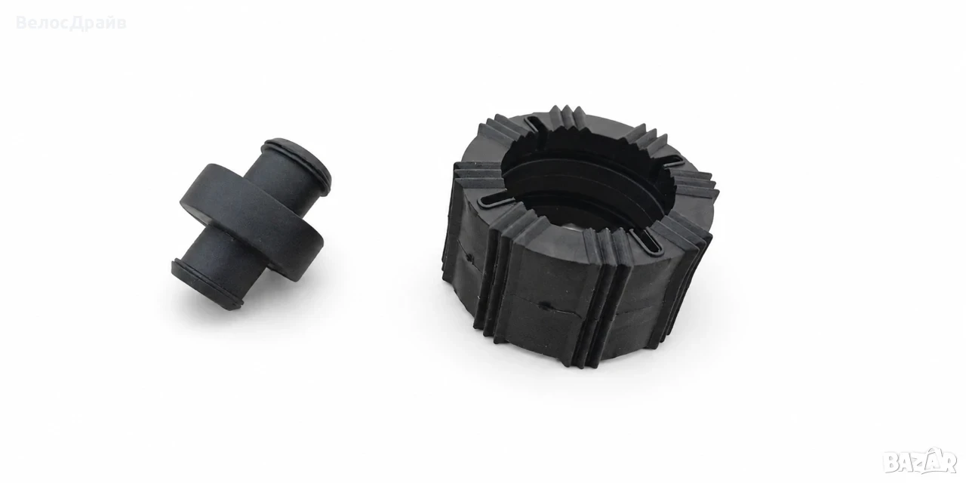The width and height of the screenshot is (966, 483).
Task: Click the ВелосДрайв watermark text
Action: tap(71, 23)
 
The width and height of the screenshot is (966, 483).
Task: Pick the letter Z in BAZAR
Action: tap(918, 463)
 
